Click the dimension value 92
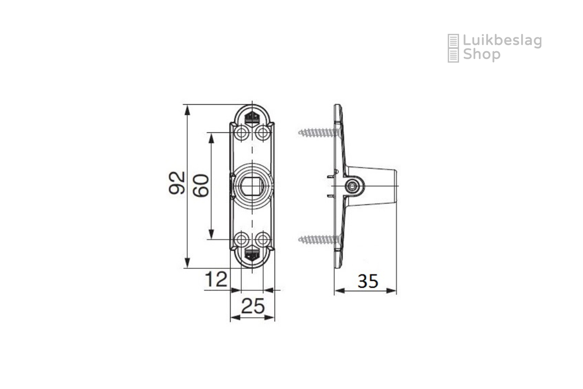point(177,183)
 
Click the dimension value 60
point(201,186)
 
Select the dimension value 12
point(216,279)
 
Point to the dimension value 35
point(368,281)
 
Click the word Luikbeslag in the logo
point(502,41)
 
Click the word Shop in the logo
point(482,55)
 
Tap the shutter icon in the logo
point(453,48)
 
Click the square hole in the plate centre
point(252,186)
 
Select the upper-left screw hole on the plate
point(241,133)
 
